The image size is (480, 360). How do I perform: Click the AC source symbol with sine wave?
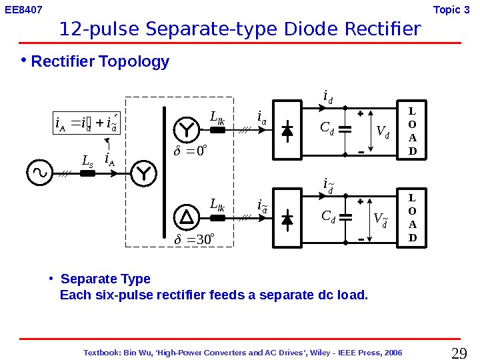click(39, 173)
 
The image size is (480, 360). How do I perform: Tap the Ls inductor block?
click(87, 173)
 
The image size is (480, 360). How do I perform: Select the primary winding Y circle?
click(142, 173)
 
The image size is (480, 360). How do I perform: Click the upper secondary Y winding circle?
click(185, 131)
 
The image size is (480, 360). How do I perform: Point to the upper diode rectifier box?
click(287, 131)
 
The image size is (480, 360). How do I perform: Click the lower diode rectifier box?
click(287, 218)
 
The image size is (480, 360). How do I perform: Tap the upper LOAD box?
click(411, 131)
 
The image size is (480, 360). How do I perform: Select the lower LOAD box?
click(411, 217)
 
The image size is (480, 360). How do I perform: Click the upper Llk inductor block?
click(219, 131)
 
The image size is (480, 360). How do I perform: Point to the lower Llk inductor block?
click(219, 217)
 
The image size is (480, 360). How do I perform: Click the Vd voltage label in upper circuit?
click(383, 132)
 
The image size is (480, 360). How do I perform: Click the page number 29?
click(459, 353)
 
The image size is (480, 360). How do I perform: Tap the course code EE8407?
click(24, 10)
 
